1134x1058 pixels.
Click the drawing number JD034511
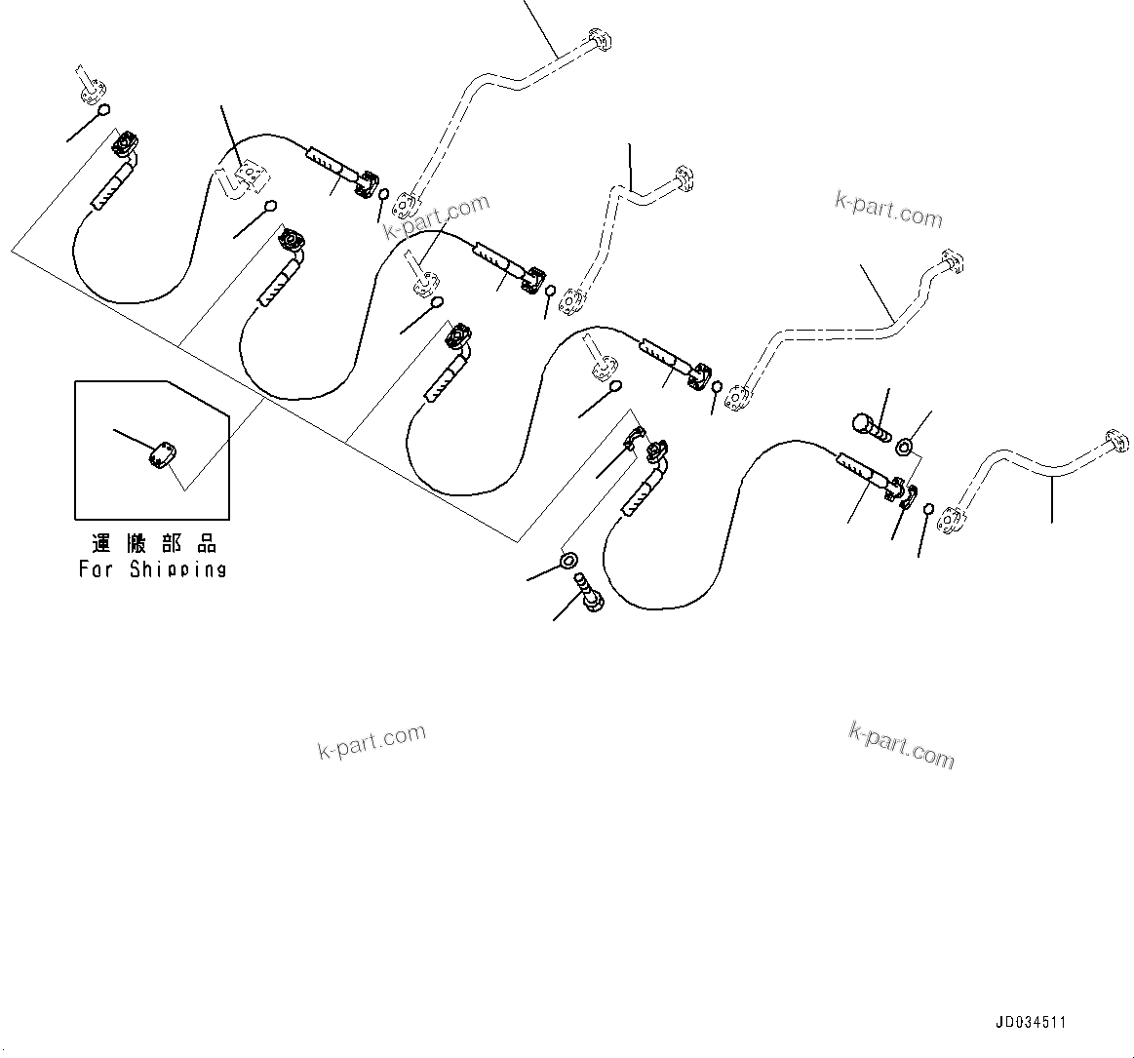[x=1031, y=1023]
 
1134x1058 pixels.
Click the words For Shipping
[x=152, y=569]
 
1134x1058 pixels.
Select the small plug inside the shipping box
[x=161, y=454]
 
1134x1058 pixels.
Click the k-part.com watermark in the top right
[x=888, y=209]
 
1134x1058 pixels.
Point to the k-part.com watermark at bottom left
[x=371, y=742]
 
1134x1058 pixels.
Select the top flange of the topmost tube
[x=600, y=41]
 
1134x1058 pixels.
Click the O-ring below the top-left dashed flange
[x=103, y=109]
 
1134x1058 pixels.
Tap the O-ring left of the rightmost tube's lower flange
[x=928, y=509]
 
